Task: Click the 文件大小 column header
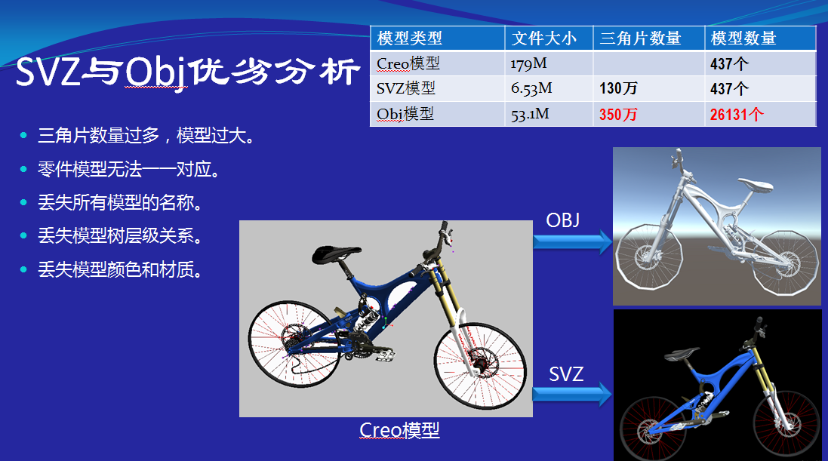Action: (x=544, y=38)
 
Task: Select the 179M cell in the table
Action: (x=528, y=64)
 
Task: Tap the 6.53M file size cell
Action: (x=531, y=88)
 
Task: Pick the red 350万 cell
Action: (x=618, y=114)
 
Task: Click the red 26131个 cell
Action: (x=737, y=114)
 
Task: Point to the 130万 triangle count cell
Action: (x=618, y=88)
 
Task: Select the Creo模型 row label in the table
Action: (x=408, y=63)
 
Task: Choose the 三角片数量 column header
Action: (x=641, y=38)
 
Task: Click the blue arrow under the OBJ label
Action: (x=572, y=242)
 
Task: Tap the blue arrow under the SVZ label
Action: (x=572, y=394)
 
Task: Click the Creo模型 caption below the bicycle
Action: (x=399, y=430)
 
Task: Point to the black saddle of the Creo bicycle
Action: (x=336, y=254)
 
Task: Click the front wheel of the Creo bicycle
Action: (x=480, y=365)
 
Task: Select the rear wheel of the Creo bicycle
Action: (x=294, y=344)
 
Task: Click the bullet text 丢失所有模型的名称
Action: (x=120, y=203)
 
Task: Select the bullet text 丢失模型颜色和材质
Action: (x=120, y=270)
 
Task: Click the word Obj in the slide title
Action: (x=156, y=72)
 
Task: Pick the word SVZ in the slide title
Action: (x=48, y=72)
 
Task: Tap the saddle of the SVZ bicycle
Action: (x=682, y=354)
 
